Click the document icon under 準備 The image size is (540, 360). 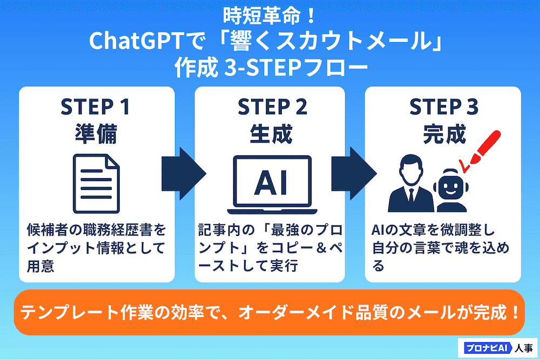pyautogui.click(x=97, y=181)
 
